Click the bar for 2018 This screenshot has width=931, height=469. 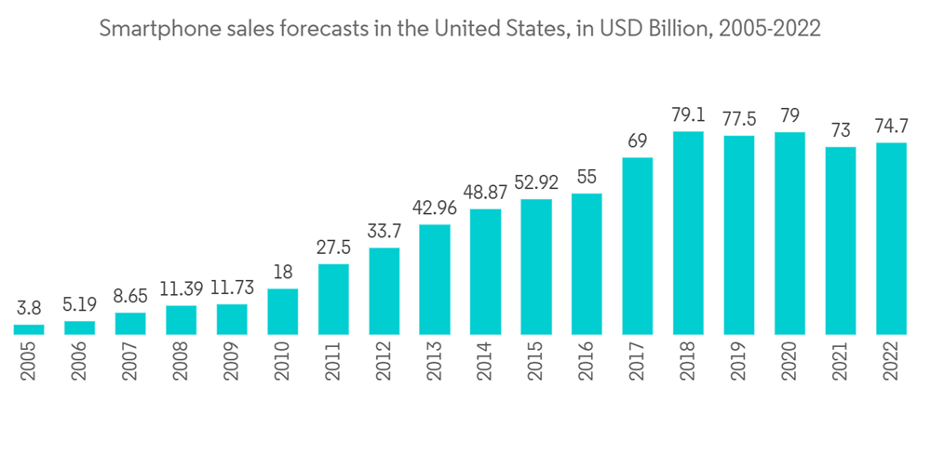click(688, 233)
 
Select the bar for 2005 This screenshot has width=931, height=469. click(29, 328)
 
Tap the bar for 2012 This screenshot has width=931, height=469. click(384, 290)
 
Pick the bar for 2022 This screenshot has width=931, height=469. click(891, 238)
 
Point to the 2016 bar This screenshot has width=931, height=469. click(587, 263)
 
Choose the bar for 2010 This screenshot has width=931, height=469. click(282, 311)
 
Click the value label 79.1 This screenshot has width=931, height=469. click(688, 118)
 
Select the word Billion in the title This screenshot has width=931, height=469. click(658, 29)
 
